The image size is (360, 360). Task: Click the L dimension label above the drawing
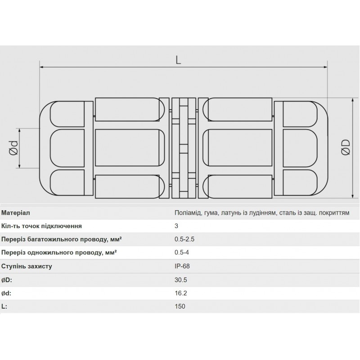[179, 61]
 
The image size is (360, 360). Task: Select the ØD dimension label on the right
[346, 147]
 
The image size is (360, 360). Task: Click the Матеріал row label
[16, 212]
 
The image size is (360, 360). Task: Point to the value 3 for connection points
[176, 226]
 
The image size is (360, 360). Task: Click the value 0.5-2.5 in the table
[184, 239]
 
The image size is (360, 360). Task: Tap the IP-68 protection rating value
[182, 266]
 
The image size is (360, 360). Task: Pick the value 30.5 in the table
[181, 279]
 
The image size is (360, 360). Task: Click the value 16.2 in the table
[181, 293]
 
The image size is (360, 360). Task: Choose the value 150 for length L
[180, 306]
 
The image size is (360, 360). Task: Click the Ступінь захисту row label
[27, 266]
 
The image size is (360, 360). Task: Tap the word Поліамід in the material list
[189, 212]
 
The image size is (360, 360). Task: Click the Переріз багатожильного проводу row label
[59, 239]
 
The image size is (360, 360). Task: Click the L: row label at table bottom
[4, 306]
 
